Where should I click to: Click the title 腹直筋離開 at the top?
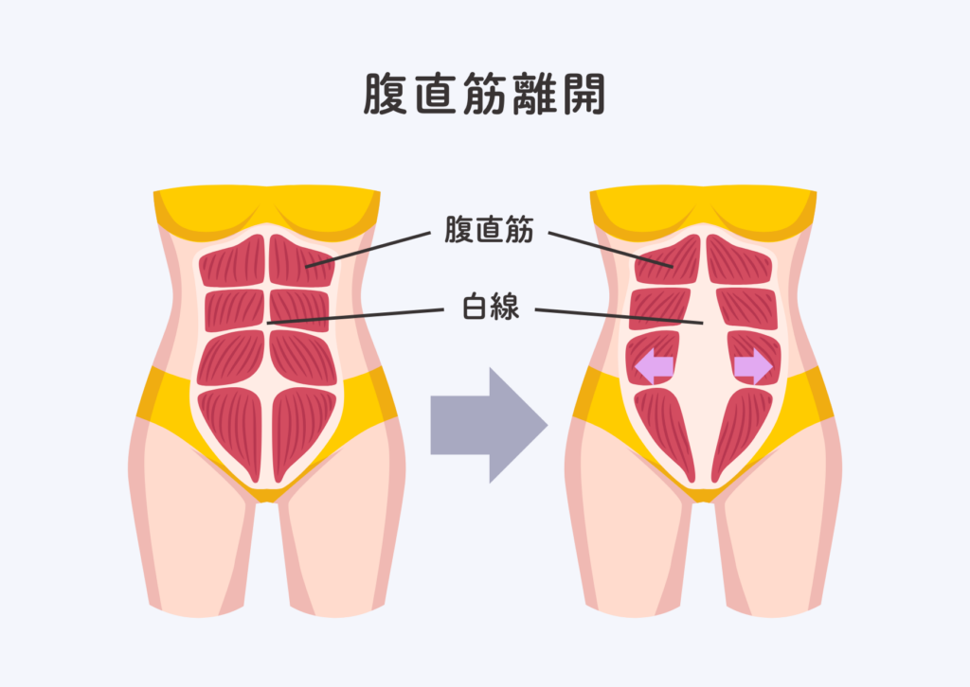click(484, 97)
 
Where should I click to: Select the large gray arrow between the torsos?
click(489, 426)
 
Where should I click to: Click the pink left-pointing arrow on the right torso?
click(654, 366)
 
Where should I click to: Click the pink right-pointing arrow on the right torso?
click(754, 366)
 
